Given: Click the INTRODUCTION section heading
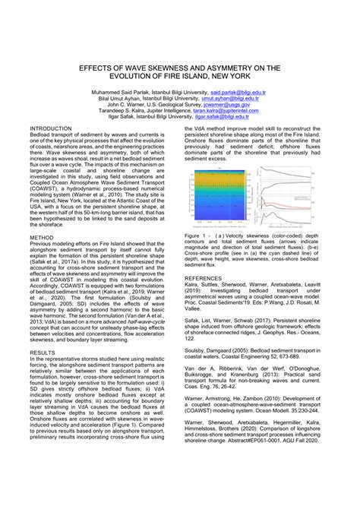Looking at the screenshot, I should [50, 129].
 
